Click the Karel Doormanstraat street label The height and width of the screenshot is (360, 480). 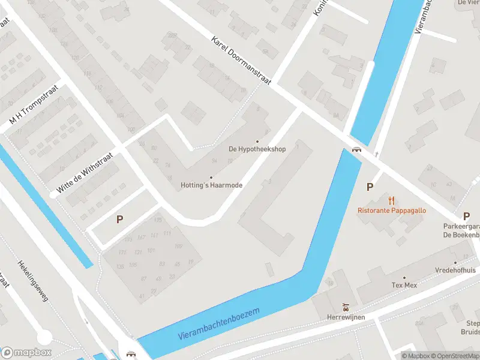click(241, 60)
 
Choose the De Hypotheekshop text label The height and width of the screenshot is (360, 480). click(257, 149)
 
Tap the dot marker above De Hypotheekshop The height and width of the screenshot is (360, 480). click(257, 141)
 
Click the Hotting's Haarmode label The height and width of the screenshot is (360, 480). click(211, 185)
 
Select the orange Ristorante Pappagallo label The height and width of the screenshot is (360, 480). click(392, 210)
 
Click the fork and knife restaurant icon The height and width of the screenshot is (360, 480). click(392, 200)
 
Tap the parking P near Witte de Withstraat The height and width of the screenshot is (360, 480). click(119, 220)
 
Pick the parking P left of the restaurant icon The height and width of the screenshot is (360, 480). click(370, 187)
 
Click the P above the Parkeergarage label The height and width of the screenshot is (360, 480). click(466, 216)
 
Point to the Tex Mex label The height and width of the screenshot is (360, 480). click(404, 285)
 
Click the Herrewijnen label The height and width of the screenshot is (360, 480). click(346, 317)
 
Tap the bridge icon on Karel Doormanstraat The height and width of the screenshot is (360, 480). click(356, 150)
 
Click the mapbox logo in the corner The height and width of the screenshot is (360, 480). click(26, 352)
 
